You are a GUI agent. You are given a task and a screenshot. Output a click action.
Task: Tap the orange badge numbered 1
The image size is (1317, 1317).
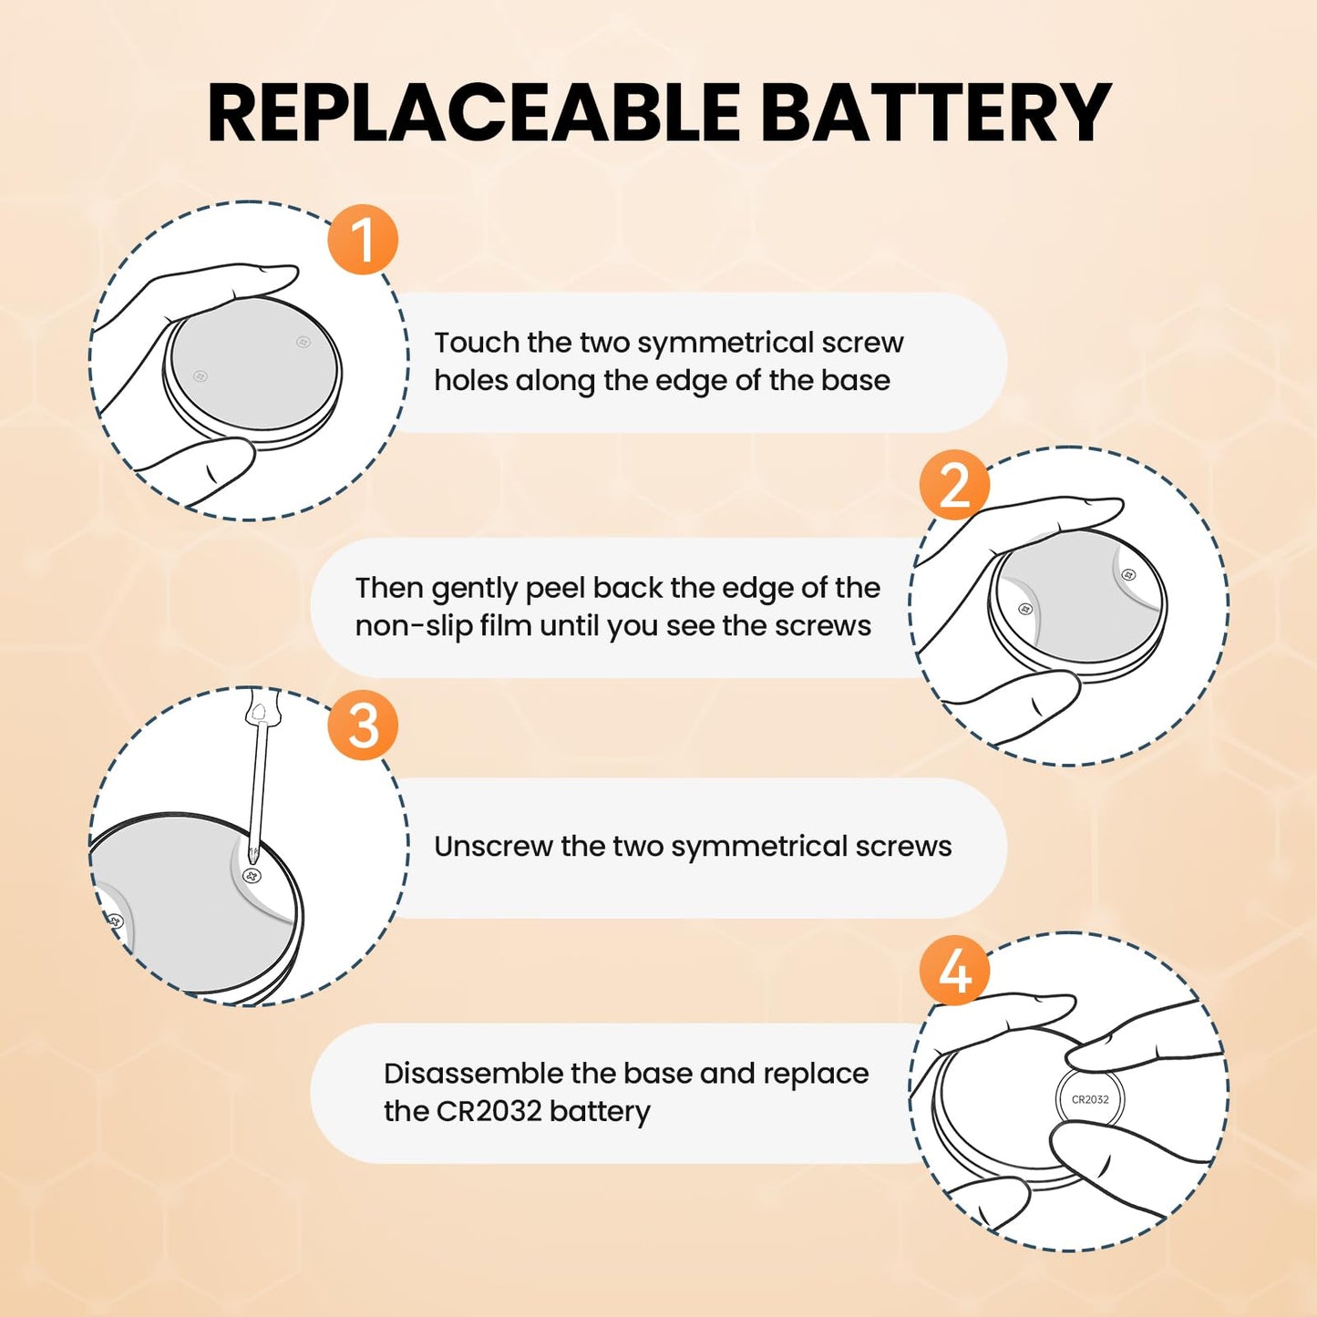tap(363, 240)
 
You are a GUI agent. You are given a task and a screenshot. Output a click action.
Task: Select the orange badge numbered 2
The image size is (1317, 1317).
tap(954, 486)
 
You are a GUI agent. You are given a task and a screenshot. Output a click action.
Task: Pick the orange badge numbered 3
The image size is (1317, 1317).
tap(363, 725)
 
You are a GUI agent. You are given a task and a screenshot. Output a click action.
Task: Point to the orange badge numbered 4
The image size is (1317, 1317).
tap(954, 971)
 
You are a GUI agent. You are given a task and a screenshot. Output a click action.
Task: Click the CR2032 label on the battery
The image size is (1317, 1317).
tap(1090, 1100)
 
